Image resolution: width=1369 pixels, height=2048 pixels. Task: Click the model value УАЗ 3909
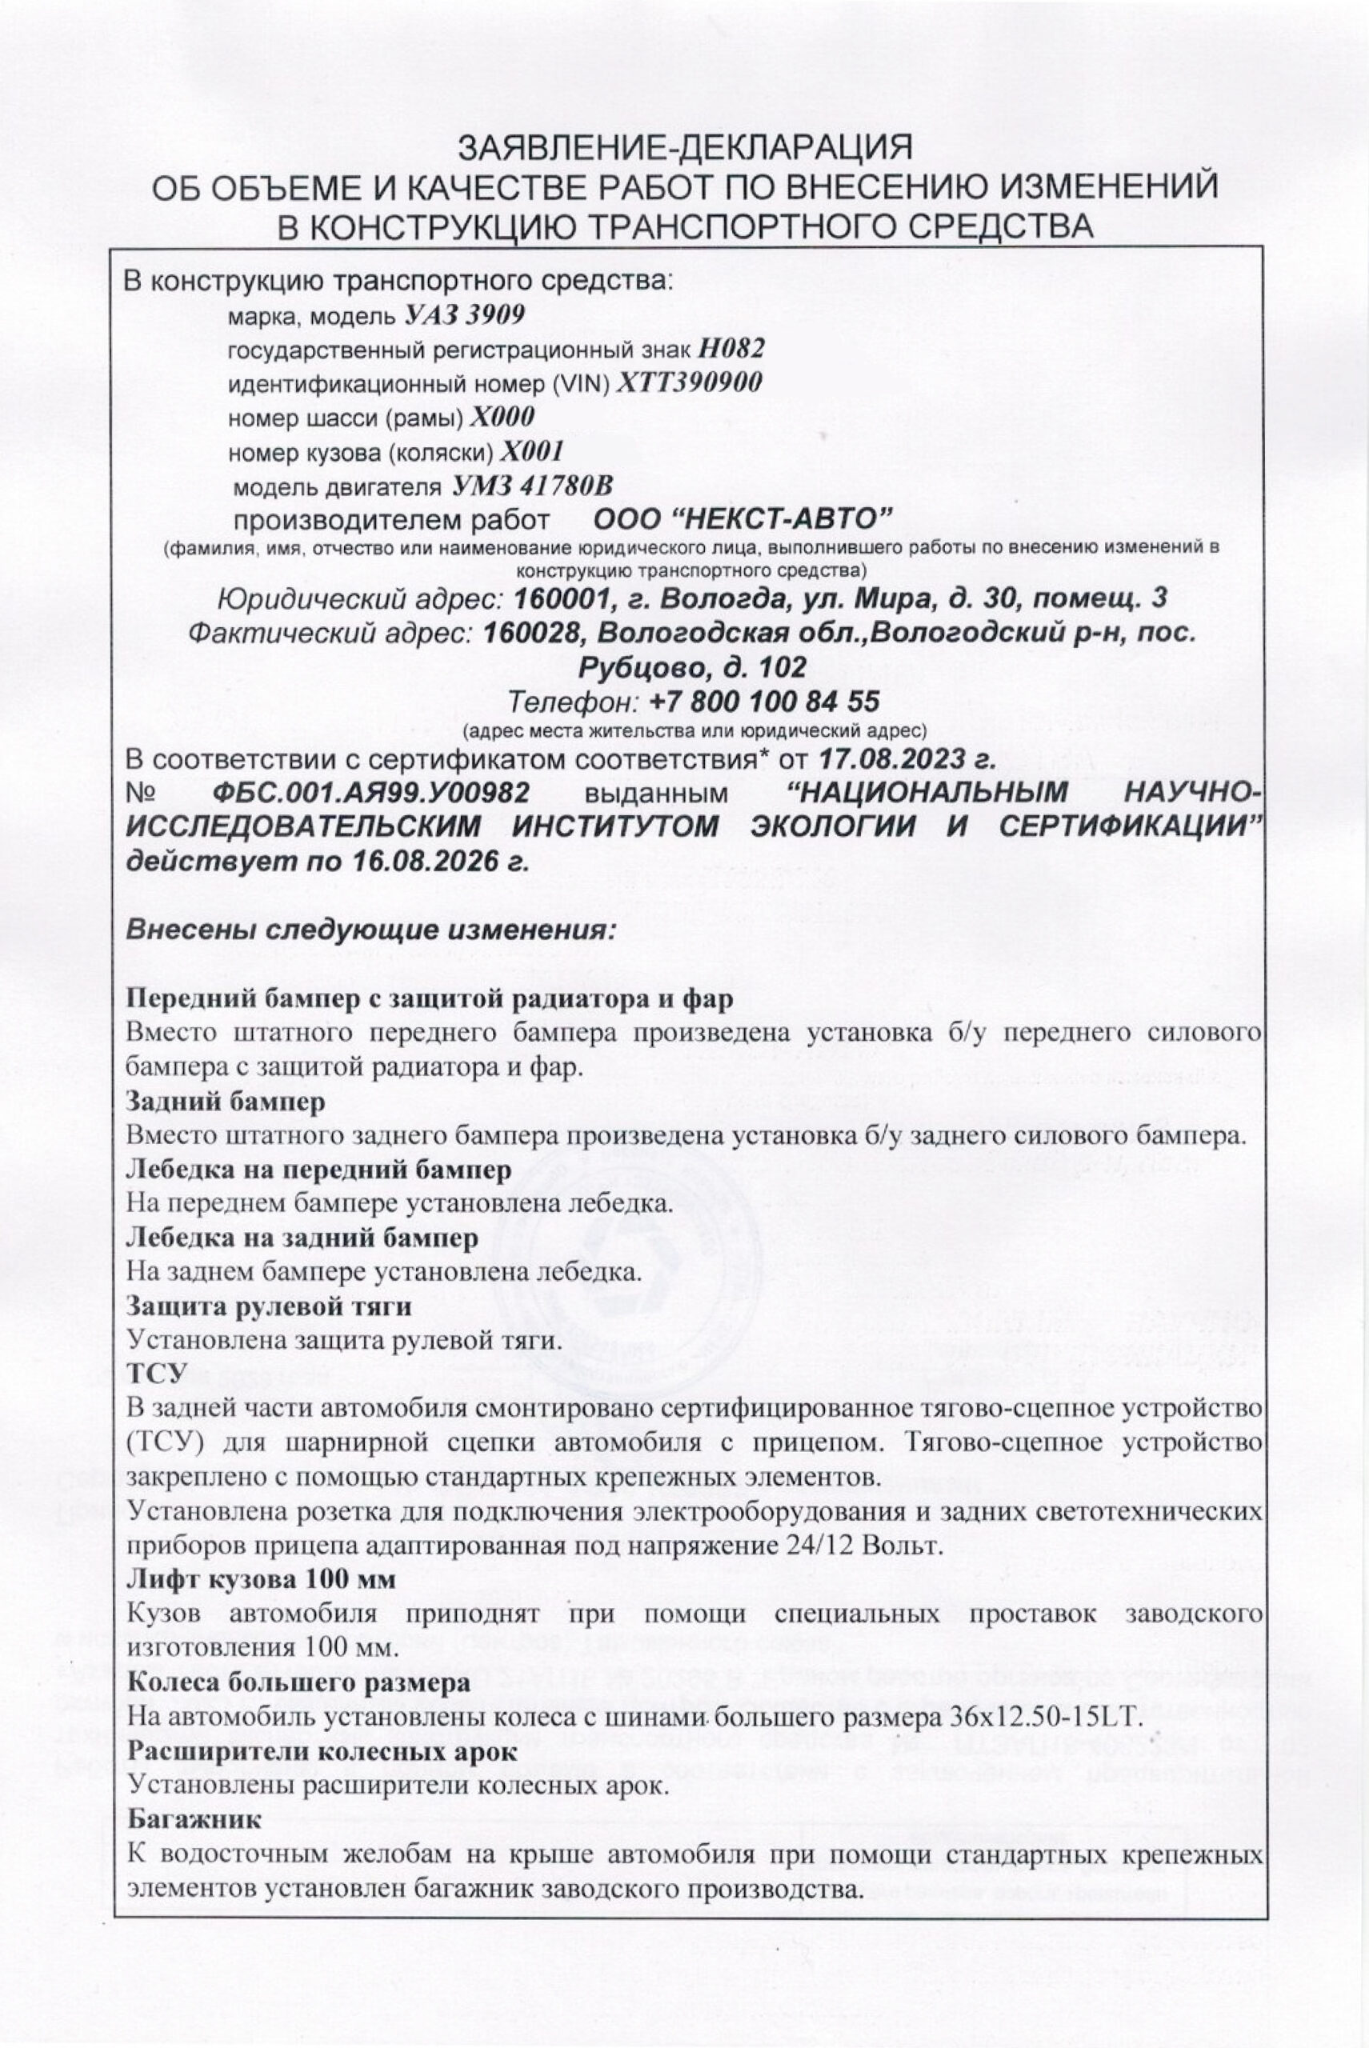466,315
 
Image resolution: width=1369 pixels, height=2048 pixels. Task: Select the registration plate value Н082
731,349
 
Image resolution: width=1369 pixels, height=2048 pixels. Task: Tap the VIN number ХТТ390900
690,383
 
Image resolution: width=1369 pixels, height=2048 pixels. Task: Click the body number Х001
528,452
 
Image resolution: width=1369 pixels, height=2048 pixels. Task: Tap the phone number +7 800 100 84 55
765,701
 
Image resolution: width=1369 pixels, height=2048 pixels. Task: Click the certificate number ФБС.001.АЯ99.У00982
371,793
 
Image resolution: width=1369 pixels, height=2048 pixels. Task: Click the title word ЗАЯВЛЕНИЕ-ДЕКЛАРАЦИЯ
686,146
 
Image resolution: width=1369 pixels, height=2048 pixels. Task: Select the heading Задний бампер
226,1102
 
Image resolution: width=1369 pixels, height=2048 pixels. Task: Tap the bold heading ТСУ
157,1373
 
